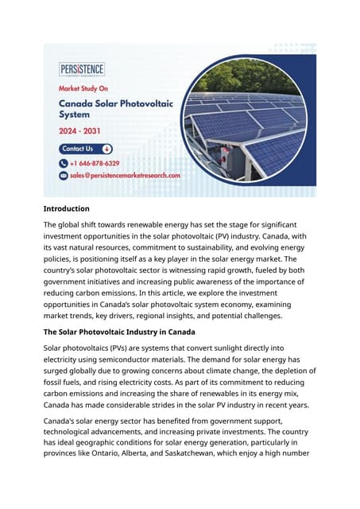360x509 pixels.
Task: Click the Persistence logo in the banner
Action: pos(82,69)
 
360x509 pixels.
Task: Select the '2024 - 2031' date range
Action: pos(82,131)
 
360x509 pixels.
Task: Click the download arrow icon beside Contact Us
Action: pos(106,149)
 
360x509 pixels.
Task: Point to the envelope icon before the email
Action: pos(64,175)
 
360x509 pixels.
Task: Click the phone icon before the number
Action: pos(64,163)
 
